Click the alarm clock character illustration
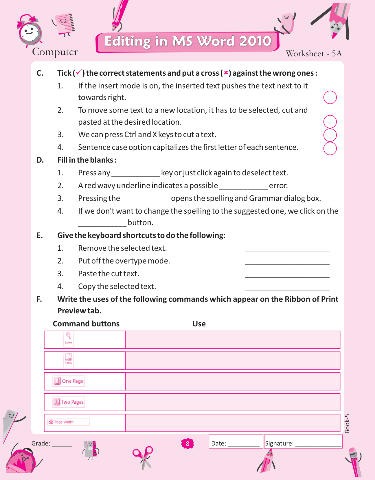[x=30, y=31]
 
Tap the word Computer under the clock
[x=55, y=52]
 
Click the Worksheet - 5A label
[x=314, y=54]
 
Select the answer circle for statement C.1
[x=330, y=97]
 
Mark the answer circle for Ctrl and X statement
[x=330, y=135]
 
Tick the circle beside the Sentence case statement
[x=330, y=148]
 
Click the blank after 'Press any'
[x=135, y=173]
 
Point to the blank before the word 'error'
[x=243, y=186]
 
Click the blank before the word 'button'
[x=102, y=223]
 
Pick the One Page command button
[x=69, y=381]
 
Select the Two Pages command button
[x=69, y=402]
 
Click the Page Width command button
[x=69, y=422]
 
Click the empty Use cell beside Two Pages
[x=232, y=402]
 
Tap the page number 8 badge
[x=187, y=443]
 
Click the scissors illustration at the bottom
[x=143, y=457]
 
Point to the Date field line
[x=243, y=444]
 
